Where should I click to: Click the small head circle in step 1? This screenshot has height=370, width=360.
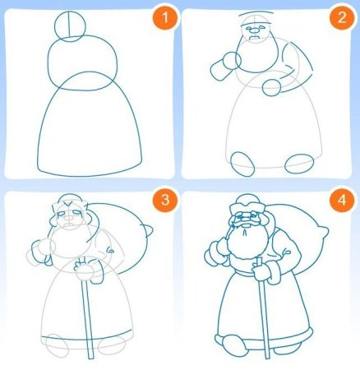pos(72,25)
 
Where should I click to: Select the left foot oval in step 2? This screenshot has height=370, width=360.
pos(244,160)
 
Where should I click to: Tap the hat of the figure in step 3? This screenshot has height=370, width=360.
pos(67,204)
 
